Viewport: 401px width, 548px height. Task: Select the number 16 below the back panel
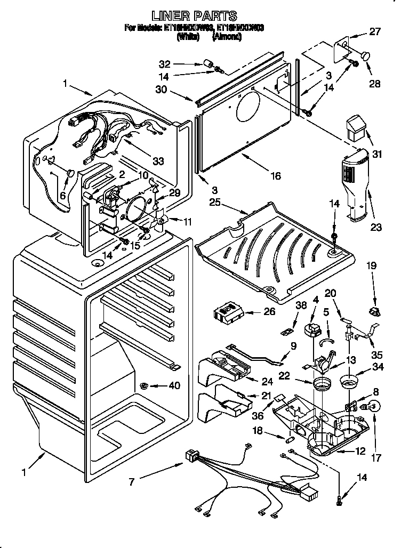(x=275, y=175)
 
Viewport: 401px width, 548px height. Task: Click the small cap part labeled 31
(x=356, y=128)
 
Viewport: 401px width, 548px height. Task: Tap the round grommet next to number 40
(x=145, y=385)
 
